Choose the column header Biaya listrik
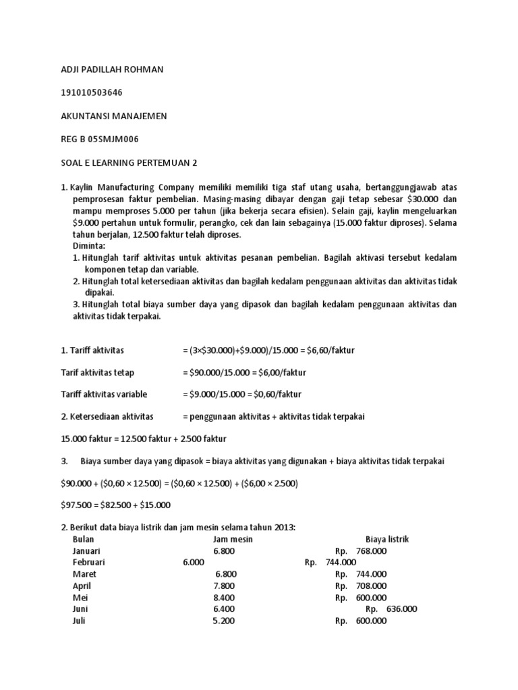(x=387, y=539)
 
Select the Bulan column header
(x=84, y=539)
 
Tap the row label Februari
(x=89, y=562)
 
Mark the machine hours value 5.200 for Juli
(x=224, y=621)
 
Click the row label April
(x=82, y=586)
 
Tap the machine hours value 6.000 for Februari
(x=194, y=562)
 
